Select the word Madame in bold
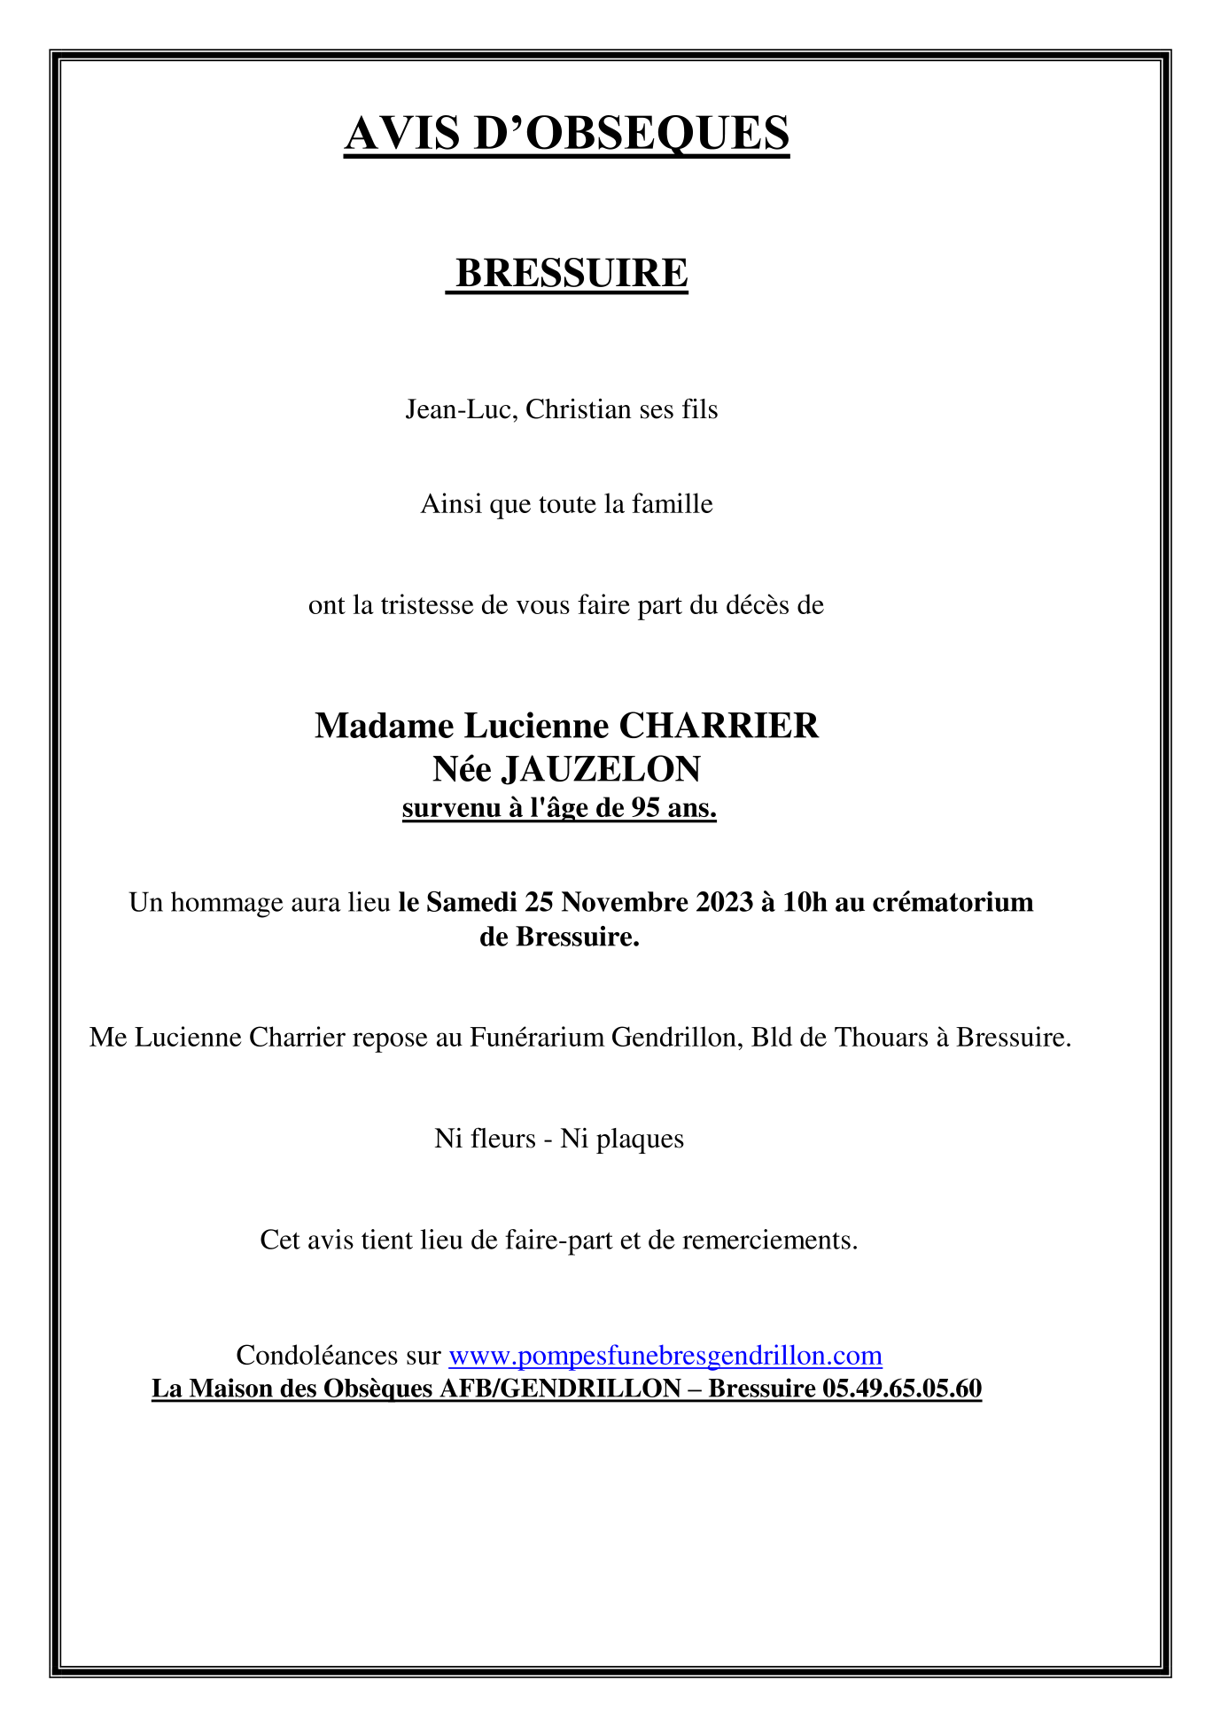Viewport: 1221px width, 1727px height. click(x=385, y=726)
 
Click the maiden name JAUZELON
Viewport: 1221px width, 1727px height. click(x=601, y=769)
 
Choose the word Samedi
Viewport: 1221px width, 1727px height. click(x=471, y=902)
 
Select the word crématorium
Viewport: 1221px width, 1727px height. click(x=953, y=902)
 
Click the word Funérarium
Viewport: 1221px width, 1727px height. click(x=537, y=1037)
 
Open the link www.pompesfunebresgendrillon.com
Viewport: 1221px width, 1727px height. click(x=665, y=1355)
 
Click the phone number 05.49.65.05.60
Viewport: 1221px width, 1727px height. click(x=902, y=1388)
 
